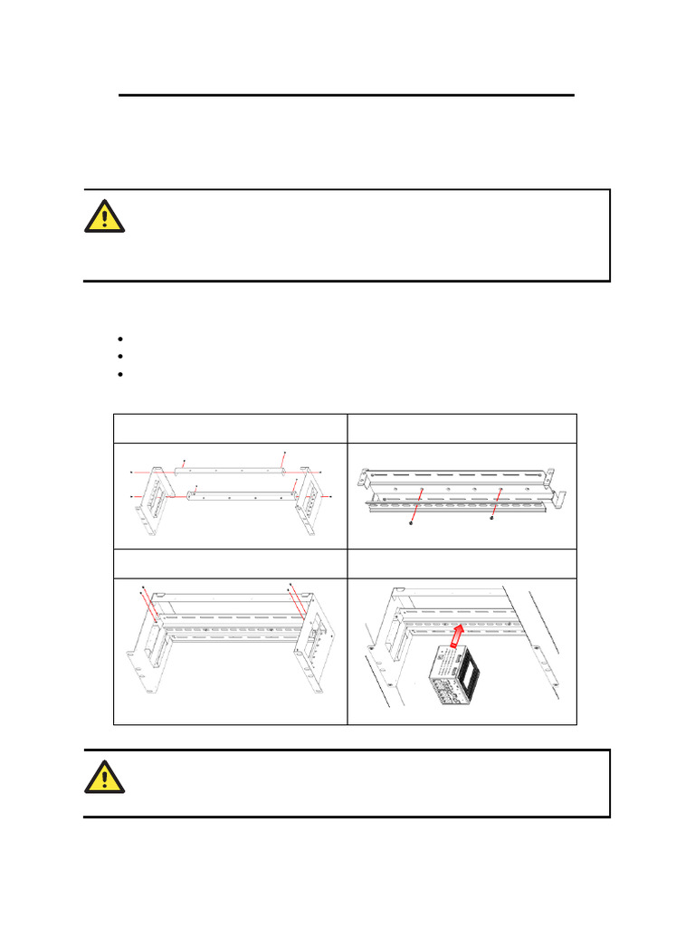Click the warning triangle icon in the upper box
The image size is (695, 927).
pos(106,215)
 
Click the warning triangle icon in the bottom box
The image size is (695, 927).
pos(106,775)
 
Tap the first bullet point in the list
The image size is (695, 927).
pos(119,339)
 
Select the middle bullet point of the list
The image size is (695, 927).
pos(119,356)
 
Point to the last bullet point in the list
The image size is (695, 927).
pos(119,373)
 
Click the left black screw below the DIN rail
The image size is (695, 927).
pos(413,521)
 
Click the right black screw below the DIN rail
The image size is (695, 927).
pos(491,519)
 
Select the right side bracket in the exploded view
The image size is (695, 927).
pos(310,502)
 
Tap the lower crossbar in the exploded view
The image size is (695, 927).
pos(240,493)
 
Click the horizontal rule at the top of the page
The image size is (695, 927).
pos(347,94)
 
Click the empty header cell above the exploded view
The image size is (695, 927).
pos(230,429)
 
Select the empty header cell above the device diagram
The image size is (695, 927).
pos(462,563)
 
